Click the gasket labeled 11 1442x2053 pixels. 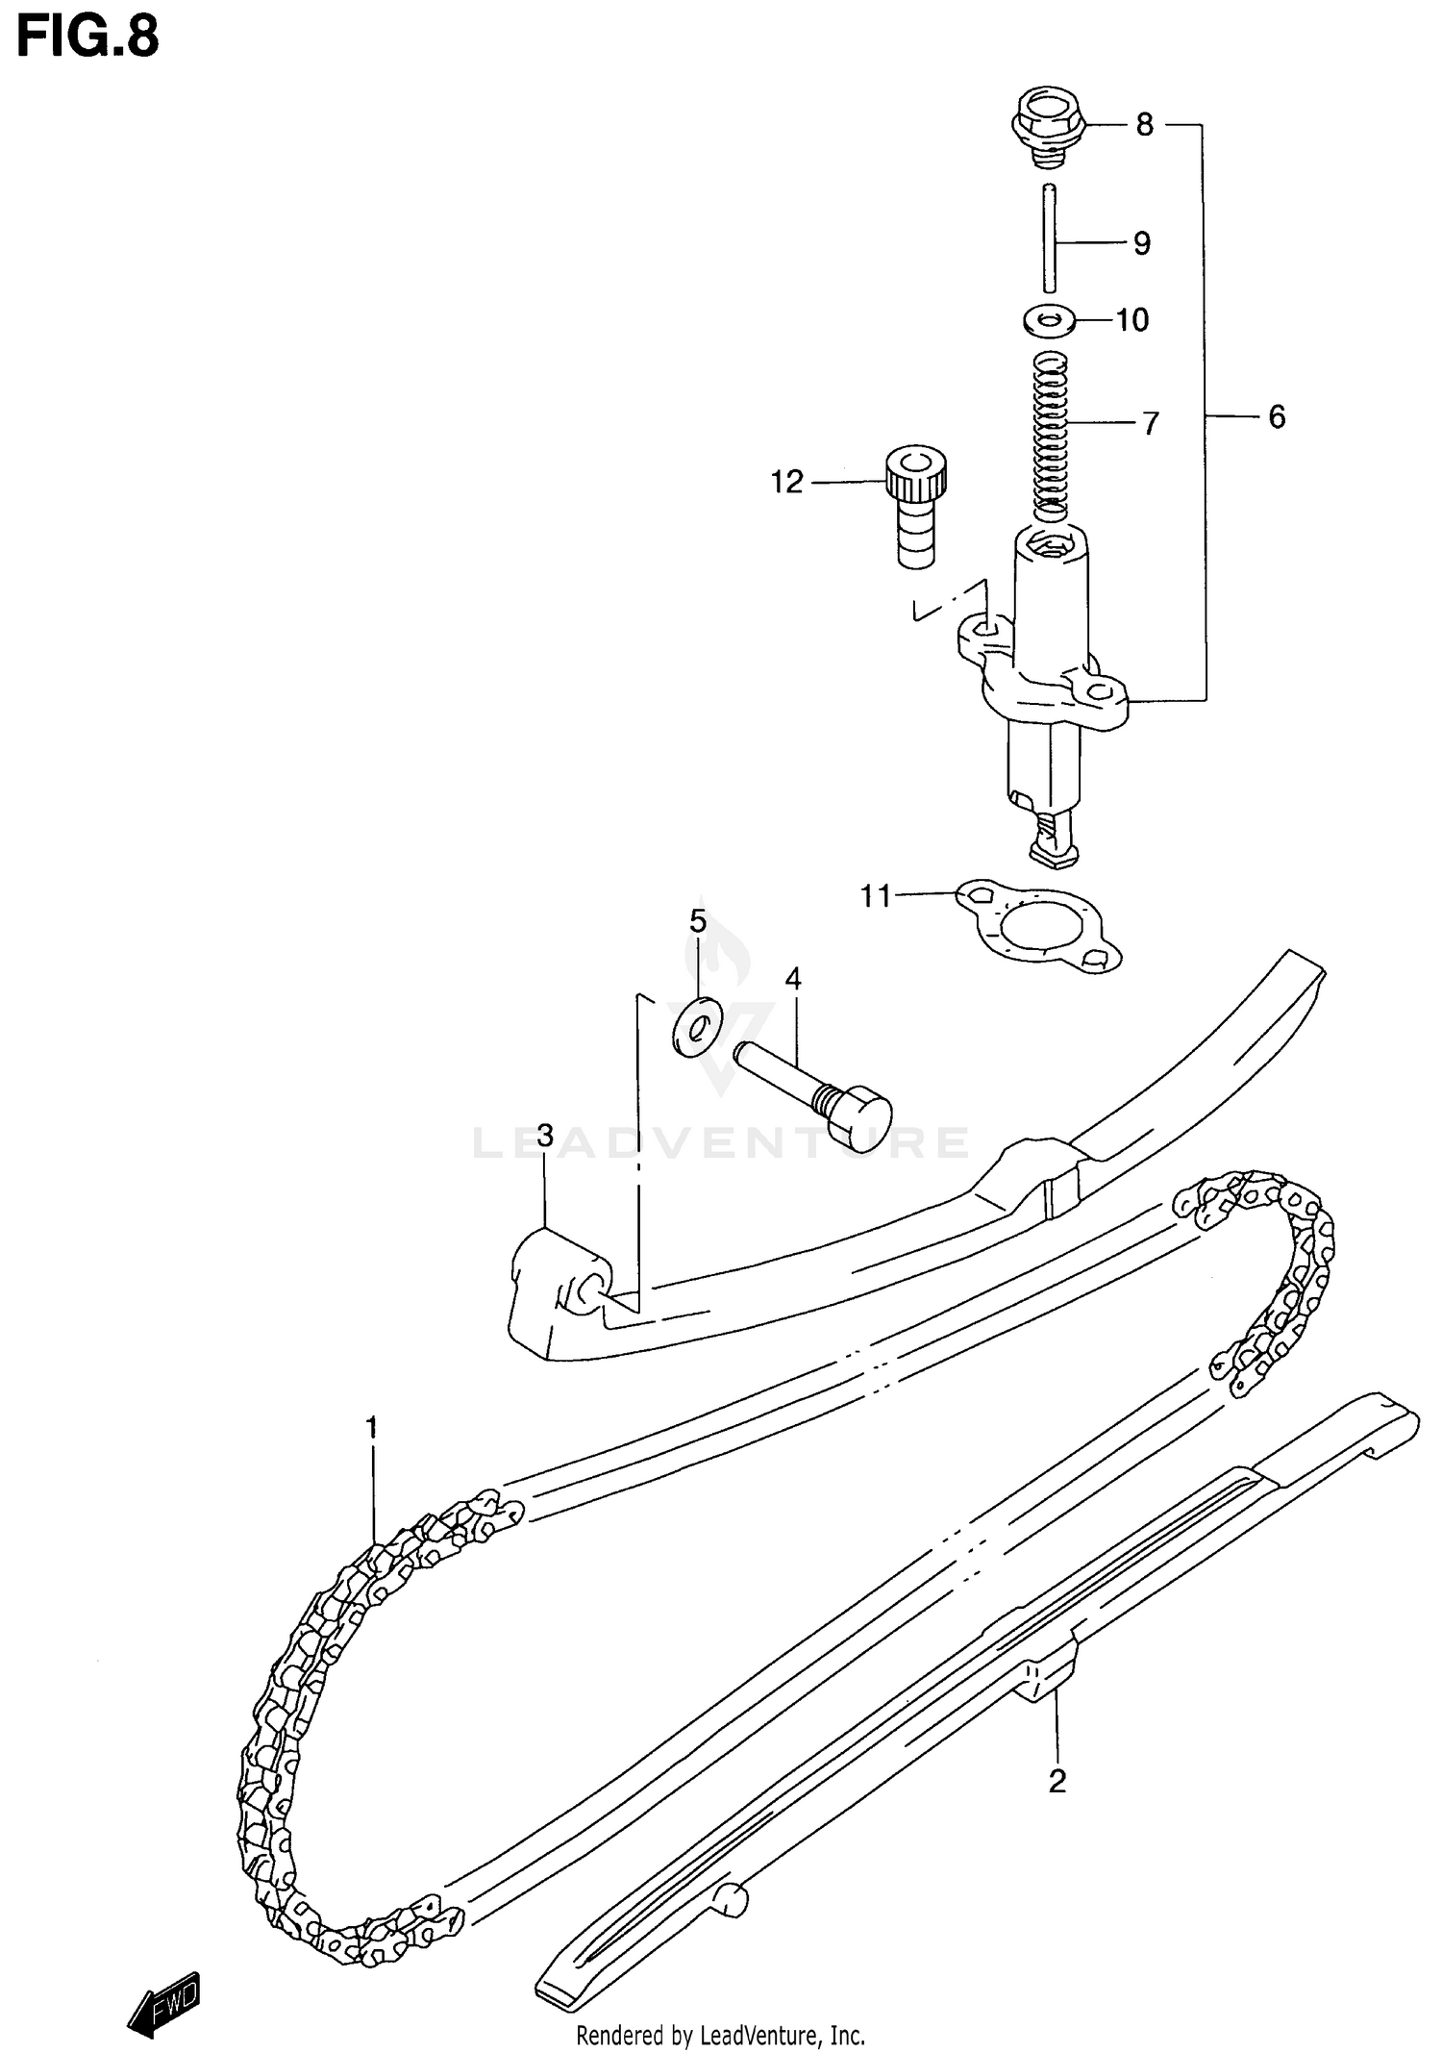coord(1039,928)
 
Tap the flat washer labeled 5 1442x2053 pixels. coord(697,1028)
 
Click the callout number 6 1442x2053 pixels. coord(1276,416)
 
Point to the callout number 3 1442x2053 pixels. coord(545,1137)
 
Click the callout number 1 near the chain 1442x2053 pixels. coord(372,1428)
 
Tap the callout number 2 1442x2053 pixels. coord(1057,1782)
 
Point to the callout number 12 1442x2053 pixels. coord(786,482)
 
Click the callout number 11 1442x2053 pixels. coord(876,896)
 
